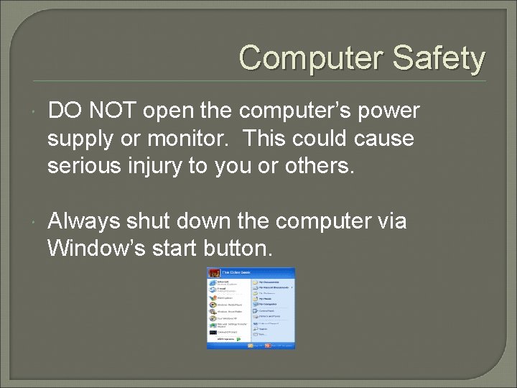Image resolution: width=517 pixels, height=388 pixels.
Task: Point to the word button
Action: (x=239, y=249)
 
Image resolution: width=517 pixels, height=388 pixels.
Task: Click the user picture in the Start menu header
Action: (x=213, y=273)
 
